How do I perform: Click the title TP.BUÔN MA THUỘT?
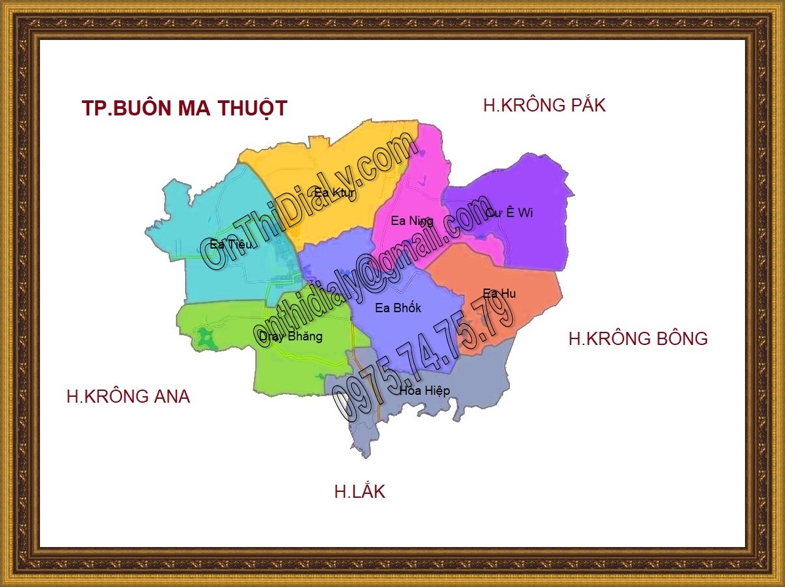(x=184, y=108)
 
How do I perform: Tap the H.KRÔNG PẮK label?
(x=544, y=105)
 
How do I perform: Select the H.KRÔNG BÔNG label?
(x=638, y=338)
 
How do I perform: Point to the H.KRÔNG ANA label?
(x=128, y=397)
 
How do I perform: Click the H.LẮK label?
(x=360, y=492)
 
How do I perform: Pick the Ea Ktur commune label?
(x=335, y=193)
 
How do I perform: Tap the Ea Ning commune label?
(x=412, y=221)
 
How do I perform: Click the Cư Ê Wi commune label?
(x=509, y=213)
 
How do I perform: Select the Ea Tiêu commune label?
(x=230, y=245)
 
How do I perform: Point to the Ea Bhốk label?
(x=398, y=308)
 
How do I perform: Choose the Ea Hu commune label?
(x=499, y=293)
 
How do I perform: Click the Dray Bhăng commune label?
(x=291, y=336)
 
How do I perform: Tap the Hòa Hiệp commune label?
(x=425, y=391)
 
